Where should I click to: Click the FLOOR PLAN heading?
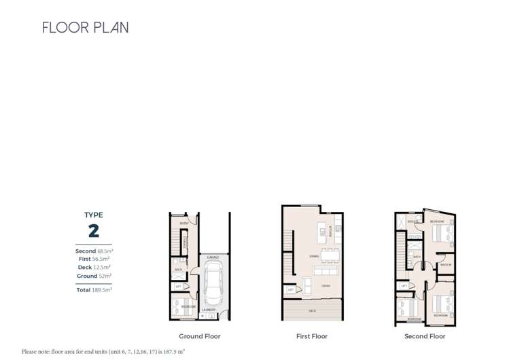pyautogui.click(x=85, y=28)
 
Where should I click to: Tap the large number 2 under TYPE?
pyautogui.click(x=94, y=231)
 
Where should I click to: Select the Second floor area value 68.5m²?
pyautogui.click(x=105, y=251)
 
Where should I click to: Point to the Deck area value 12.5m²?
pyautogui.click(x=102, y=268)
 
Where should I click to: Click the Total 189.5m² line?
pyautogui.click(x=94, y=290)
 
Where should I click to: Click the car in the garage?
pyautogui.click(x=213, y=284)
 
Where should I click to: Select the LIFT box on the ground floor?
pyautogui.click(x=178, y=287)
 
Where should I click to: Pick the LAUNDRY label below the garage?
pyautogui.click(x=209, y=310)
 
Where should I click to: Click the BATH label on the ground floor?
pyautogui.click(x=178, y=270)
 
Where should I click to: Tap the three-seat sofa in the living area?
pyautogui.click(x=323, y=270)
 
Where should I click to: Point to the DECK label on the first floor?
pyautogui.click(x=312, y=311)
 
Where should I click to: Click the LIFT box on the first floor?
pyautogui.click(x=291, y=289)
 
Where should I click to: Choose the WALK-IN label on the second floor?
pyautogui.click(x=446, y=265)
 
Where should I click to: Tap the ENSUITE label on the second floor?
pyautogui.click(x=413, y=221)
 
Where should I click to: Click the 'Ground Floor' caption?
pyautogui.click(x=200, y=336)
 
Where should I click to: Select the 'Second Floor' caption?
pyautogui.click(x=425, y=336)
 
